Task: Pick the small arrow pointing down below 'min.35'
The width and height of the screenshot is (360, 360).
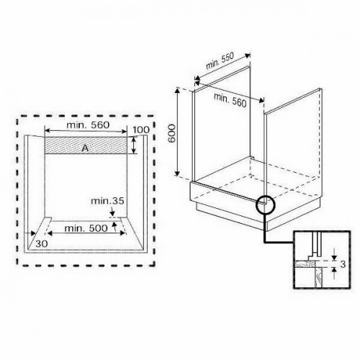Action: pos(112,212)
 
